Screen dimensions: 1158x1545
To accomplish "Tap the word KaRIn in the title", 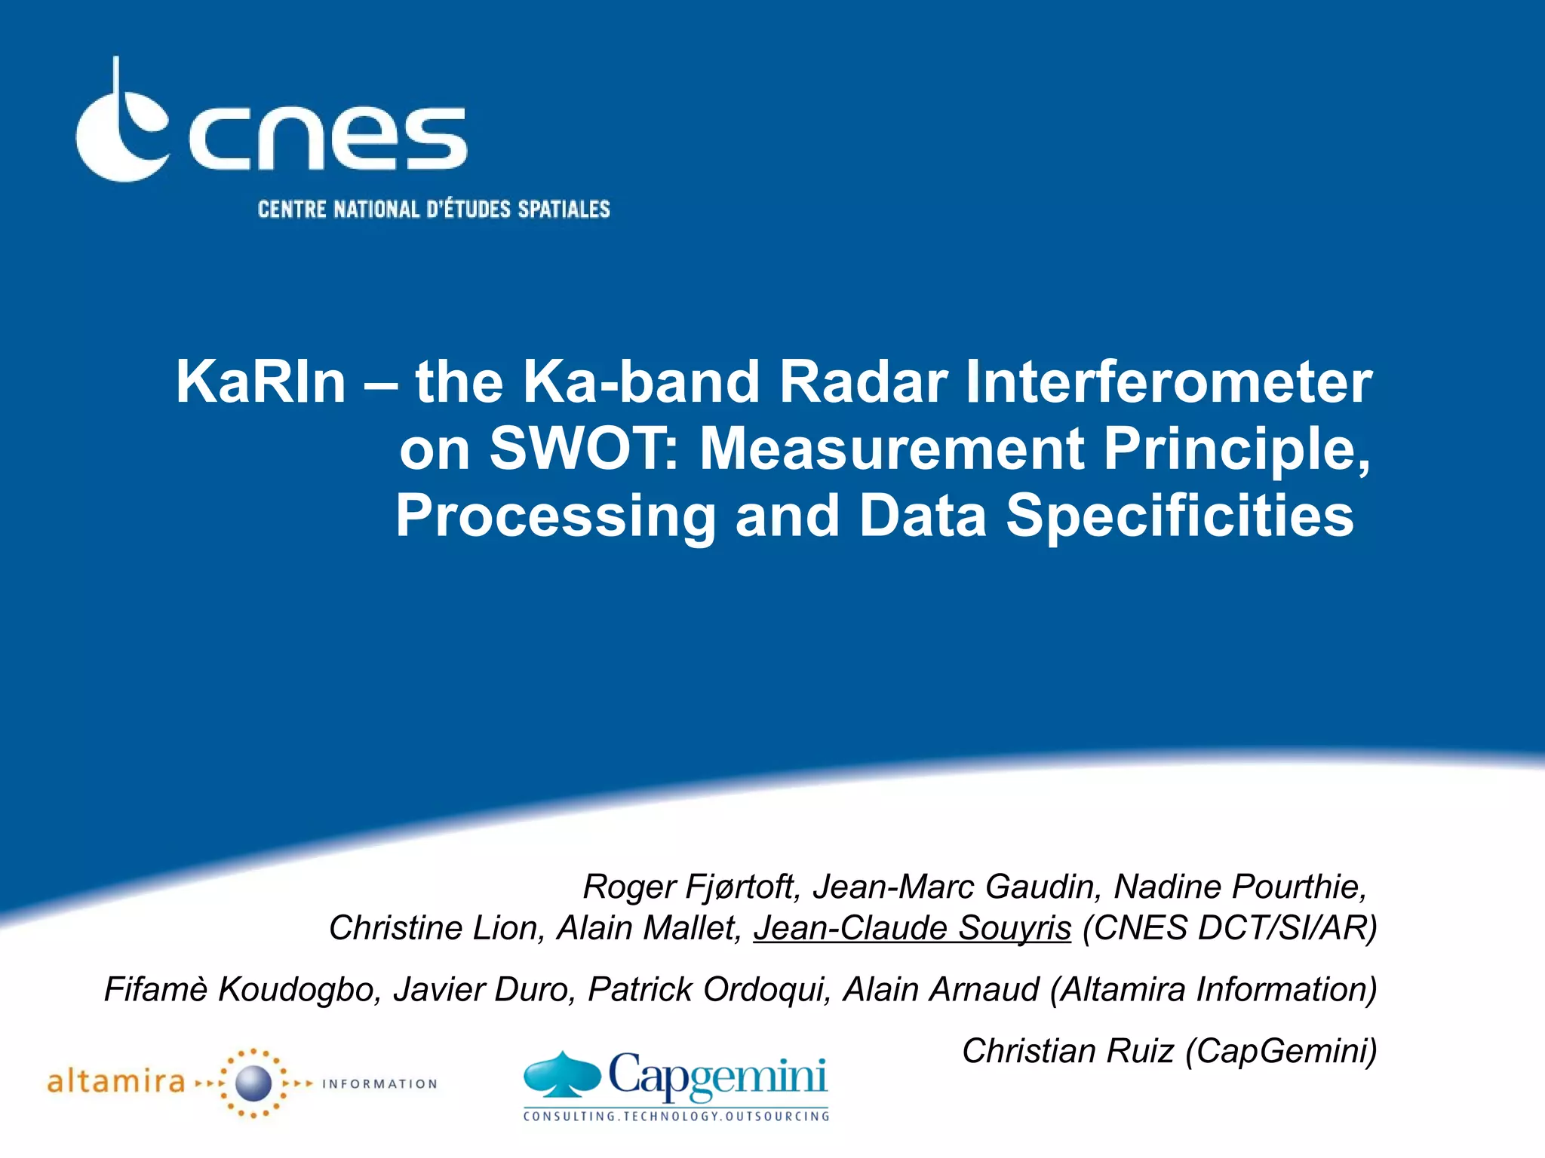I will tap(260, 382).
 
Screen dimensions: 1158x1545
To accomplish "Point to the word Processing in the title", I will tap(555, 516).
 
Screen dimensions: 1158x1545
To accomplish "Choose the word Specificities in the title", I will tap(1180, 516).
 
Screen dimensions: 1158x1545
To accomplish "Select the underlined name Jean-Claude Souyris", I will tap(912, 928).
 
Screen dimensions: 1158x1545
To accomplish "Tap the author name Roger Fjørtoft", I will tap(690, 887).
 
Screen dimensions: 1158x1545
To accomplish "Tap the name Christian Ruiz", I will tap(1068, 1051).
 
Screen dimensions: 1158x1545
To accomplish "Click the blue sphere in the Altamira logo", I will tap(253, 1083).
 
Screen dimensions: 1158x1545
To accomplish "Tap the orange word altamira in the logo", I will tap(115, 1083).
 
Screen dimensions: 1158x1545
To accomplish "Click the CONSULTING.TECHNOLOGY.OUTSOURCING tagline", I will tap(676, 1116).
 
